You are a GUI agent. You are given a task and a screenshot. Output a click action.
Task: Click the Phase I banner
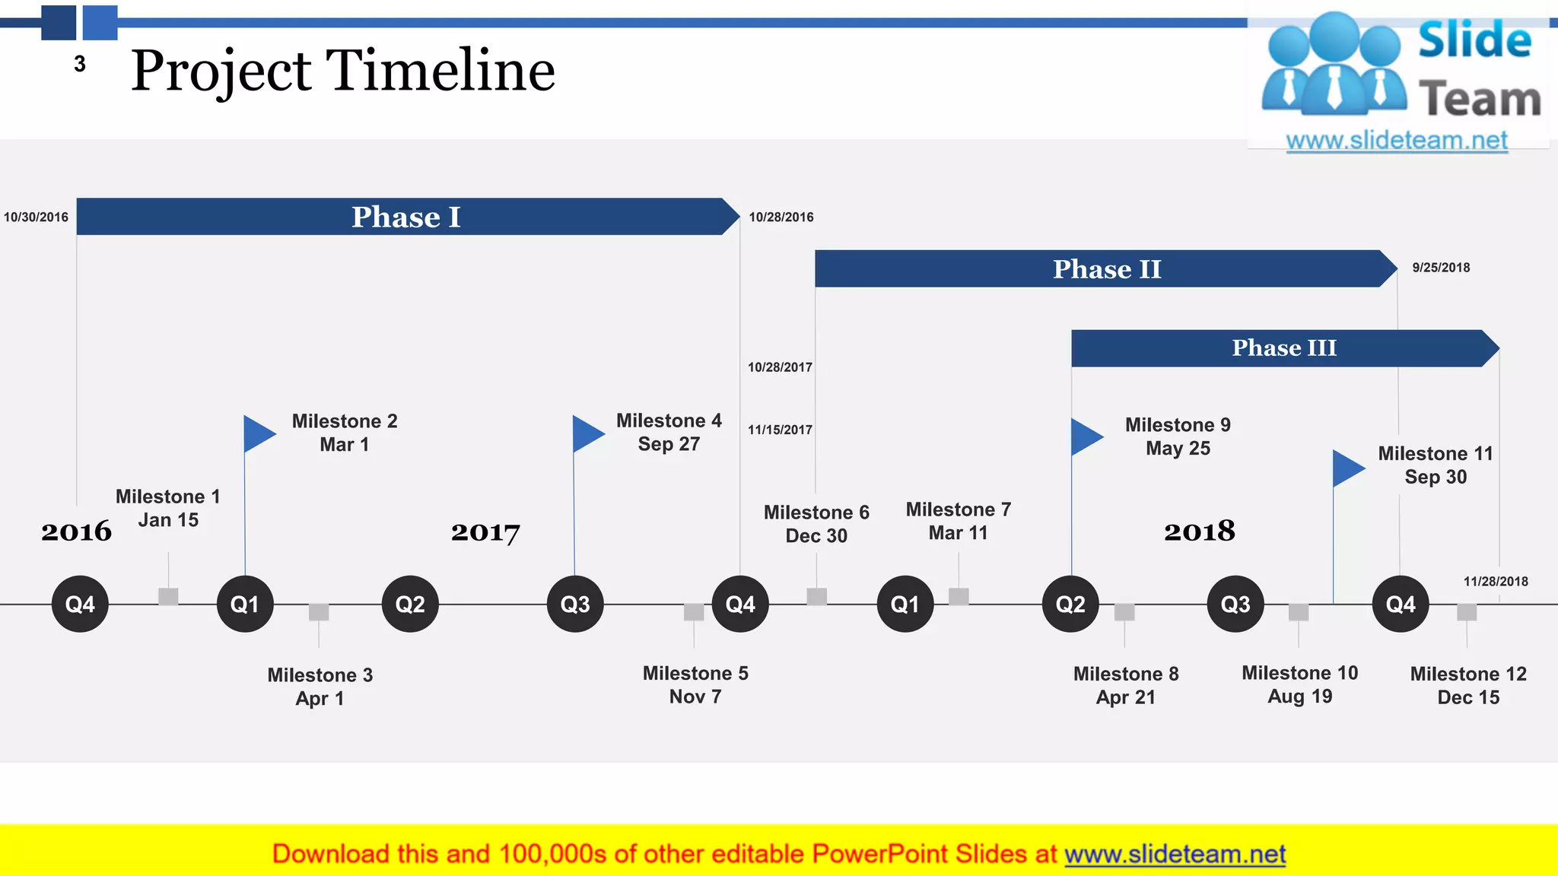pyautogui.click(x=406, y=217)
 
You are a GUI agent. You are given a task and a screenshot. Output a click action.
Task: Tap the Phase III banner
pyautogui.click(x=1283, y=348)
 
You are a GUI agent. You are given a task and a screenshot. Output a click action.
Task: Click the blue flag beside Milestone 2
pyautogui.click(x=258, y=433)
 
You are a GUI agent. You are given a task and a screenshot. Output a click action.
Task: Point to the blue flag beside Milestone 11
pyautogui.click(x=1347, y=468)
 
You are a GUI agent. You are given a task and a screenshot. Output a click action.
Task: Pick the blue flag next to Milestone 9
pyautogui.click(x=1086, y=436)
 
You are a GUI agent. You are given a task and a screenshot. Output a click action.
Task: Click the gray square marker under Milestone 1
pyautogui.click(x=168, y=596)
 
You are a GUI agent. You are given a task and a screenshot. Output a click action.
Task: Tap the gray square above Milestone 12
pyautogui.click(x=1467, y=612)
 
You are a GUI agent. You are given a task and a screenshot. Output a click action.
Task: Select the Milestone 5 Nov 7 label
pyautogui.click(x=695, y=684)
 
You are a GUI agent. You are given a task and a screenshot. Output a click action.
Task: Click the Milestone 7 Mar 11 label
pyautogui.click(x=958, y=521)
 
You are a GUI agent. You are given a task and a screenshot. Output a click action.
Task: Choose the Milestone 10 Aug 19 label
pyautogui.click(x=1299, y=684)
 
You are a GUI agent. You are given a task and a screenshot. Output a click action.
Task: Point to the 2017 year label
pyautogui.click(x=485, y=532)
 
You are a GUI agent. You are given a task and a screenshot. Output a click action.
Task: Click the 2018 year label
pyautogui.click(x=1199, y=531)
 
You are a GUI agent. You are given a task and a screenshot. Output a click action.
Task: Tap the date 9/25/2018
pyautogui.click(x=1441, y=268)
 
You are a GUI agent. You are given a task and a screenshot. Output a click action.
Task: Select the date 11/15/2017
pyautogui.click(x=780, y=430)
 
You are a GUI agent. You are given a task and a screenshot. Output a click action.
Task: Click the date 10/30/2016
pyautogui.click(x=36, y=217)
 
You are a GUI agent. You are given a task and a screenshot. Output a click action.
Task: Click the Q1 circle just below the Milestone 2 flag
pyautogui.click(x=245, y=605)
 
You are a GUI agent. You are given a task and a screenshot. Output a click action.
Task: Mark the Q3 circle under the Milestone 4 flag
pyautogui.click(x=575, y=605)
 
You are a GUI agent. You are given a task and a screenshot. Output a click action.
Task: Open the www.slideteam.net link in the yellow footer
pyautogui.click(x=1175, y=855)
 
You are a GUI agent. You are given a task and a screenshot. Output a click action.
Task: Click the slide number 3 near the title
pyautogui.click(x=80, y=65)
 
